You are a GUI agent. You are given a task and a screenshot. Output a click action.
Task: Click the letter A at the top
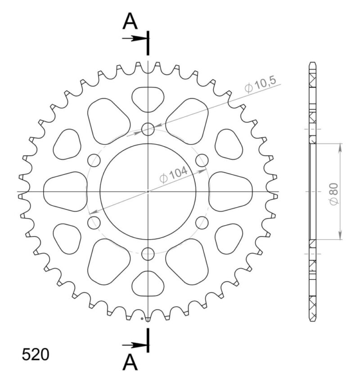(130, 21)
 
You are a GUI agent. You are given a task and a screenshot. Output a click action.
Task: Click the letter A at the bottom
(130, 362)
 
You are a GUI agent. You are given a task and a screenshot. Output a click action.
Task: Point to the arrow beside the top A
(134, 38)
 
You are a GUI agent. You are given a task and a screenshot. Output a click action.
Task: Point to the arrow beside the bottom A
(134, 345)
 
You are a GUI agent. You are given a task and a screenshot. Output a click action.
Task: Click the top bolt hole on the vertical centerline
(148, 129)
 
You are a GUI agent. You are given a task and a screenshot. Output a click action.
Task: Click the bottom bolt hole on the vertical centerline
(148, 254)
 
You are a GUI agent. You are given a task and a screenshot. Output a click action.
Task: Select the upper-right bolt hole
(202, 160)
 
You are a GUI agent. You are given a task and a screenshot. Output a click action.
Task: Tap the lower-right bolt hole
(202, 222)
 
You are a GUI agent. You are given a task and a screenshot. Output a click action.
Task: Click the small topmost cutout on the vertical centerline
(148, 99)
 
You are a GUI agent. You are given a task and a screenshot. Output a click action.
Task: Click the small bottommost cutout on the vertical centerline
(148, 285)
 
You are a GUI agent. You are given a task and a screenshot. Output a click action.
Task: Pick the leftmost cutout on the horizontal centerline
(65, 191)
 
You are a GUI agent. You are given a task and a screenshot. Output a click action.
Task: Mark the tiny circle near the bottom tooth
(142, 319)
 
